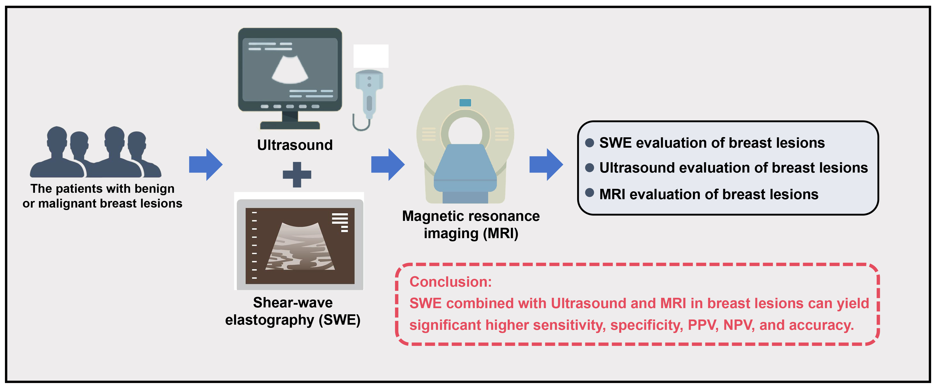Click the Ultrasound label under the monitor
pyautogui.click(x=295, y=145)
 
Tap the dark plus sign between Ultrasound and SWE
pyautogui.click(x=297, y=175)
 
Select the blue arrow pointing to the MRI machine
pyautogui.click(x=388, y=164)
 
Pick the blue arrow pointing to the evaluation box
pyautogui.click(x=546, y=164)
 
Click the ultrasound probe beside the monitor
pyautogui.click(x=369, y=94)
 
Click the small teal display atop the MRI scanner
pyautogui.click(x=465, y=103)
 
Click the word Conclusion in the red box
pyautogui.click(x=450, y=282)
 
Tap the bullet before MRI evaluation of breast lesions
pyautogui.click(x=589, y=193)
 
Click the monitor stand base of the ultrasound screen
pyautogui.click(x=290, y=125)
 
